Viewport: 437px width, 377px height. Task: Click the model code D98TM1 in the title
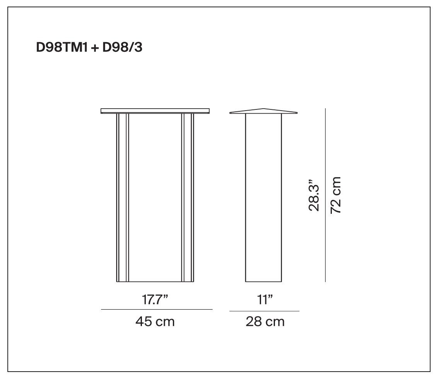tap(61, 48)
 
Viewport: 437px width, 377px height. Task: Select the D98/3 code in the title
tap(121, 48)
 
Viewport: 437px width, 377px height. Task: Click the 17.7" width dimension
tap(155, 300)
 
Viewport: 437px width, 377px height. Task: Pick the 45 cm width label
tap(155, 321)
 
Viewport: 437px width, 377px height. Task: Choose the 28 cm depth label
tap(265, 321)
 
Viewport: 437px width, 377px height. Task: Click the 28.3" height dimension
tap(314, 195)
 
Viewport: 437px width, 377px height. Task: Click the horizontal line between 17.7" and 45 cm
tap(157, 309)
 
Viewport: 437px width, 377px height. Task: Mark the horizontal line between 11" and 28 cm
tap(264, 311)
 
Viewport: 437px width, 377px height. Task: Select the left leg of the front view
tap(123, 197)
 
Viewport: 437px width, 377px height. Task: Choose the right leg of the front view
tap(188, 197)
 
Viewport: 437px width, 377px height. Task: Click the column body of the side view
tap(264, 197)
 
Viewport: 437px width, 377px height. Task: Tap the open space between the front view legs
tap(155, 197)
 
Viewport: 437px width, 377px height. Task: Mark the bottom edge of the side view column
tap(264, 281)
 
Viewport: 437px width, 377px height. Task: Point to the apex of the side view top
tap(264, 109)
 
